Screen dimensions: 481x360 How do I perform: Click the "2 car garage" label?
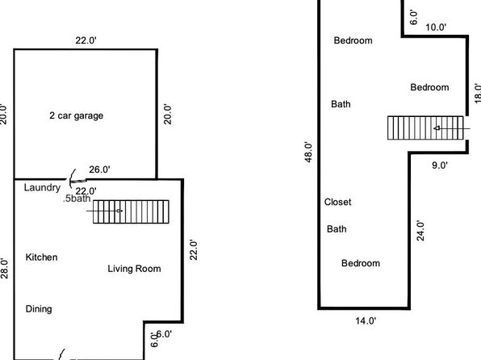(x=77, y=115)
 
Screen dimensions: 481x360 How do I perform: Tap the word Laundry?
(x=42, y=187)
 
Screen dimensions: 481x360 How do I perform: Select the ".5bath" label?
(x=77, y=199)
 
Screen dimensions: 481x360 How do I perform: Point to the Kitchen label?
(x=41, y=257)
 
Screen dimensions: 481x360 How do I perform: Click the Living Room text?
(x=134, y=269)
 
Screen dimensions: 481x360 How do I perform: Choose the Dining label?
(x=39, y=309)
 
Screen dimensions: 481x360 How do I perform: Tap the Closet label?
(x=337, y=202)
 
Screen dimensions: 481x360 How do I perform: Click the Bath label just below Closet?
(x=337, y=229)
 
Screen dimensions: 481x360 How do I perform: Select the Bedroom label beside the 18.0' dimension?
(x=429, y=87)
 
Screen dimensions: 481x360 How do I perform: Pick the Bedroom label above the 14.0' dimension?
(x=361, y=263)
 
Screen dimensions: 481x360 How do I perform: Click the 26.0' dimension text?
(x=100, y=170)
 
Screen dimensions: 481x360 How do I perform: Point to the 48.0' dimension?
(x=308, y=152)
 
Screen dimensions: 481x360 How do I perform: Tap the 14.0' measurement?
(x=366, y=321)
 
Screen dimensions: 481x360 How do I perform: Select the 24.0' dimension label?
(x=420, y=231)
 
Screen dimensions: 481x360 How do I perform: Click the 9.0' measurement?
(x=440, y=165)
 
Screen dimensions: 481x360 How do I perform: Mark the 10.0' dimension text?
(x=436, y=27)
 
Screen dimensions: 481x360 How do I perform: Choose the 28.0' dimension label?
(x=4, y=269)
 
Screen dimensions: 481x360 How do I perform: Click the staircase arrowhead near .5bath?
(x=120, y=211)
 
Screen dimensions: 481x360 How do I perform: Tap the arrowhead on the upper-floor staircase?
(x=437, y=128)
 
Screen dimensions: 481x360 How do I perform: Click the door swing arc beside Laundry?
(x=72, y=178)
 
